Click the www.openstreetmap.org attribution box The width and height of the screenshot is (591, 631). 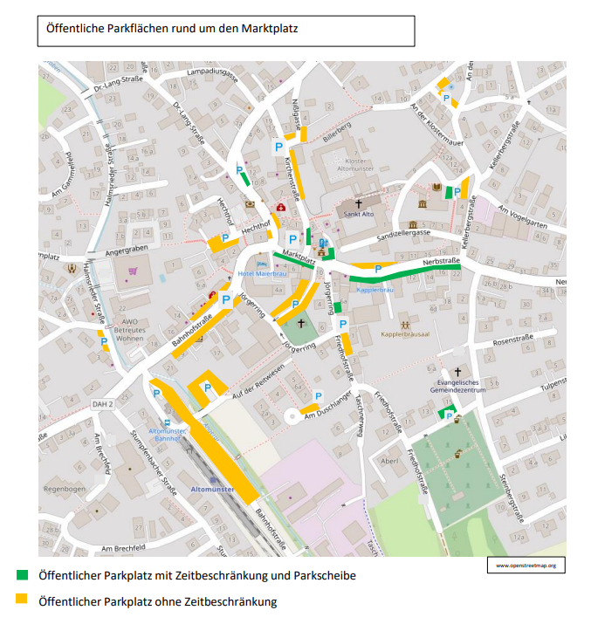(526, 566)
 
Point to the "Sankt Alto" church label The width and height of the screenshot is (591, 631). (358, 212)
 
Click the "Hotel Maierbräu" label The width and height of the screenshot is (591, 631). (262, 273)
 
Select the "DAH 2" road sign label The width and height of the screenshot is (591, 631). (104, 405)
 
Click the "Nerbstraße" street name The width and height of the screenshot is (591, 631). (441, 261)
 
